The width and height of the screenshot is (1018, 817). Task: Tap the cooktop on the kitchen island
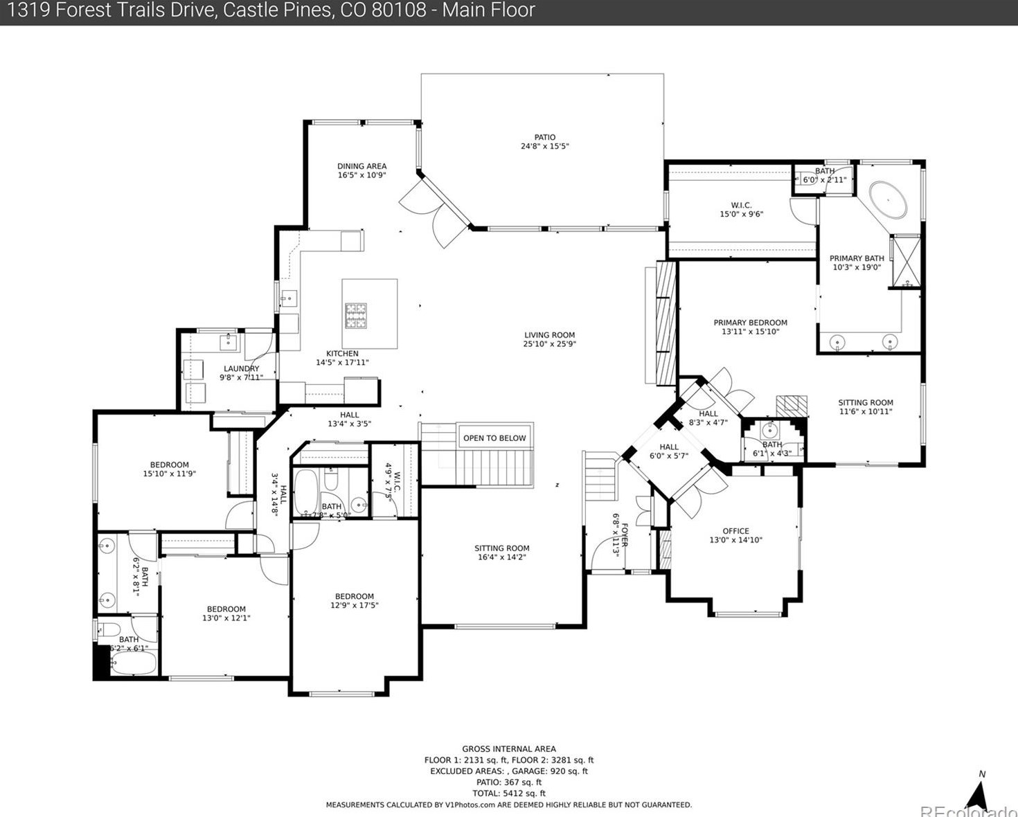356,316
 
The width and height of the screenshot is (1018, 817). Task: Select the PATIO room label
544,138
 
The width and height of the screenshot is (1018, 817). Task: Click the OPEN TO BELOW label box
494,438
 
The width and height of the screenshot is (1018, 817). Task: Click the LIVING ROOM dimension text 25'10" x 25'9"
549,344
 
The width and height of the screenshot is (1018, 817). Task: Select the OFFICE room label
735,531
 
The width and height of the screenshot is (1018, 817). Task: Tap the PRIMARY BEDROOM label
750,323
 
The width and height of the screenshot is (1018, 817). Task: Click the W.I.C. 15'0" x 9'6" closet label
741,210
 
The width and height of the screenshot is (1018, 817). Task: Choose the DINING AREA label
361,166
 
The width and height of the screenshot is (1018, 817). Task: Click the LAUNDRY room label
241,369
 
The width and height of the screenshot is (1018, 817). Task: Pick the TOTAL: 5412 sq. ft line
509,793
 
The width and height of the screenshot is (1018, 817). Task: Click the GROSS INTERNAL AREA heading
509,748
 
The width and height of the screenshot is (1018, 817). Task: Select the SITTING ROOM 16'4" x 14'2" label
502,553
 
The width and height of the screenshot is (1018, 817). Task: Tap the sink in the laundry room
228,341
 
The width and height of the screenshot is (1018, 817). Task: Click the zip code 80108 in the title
403,10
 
